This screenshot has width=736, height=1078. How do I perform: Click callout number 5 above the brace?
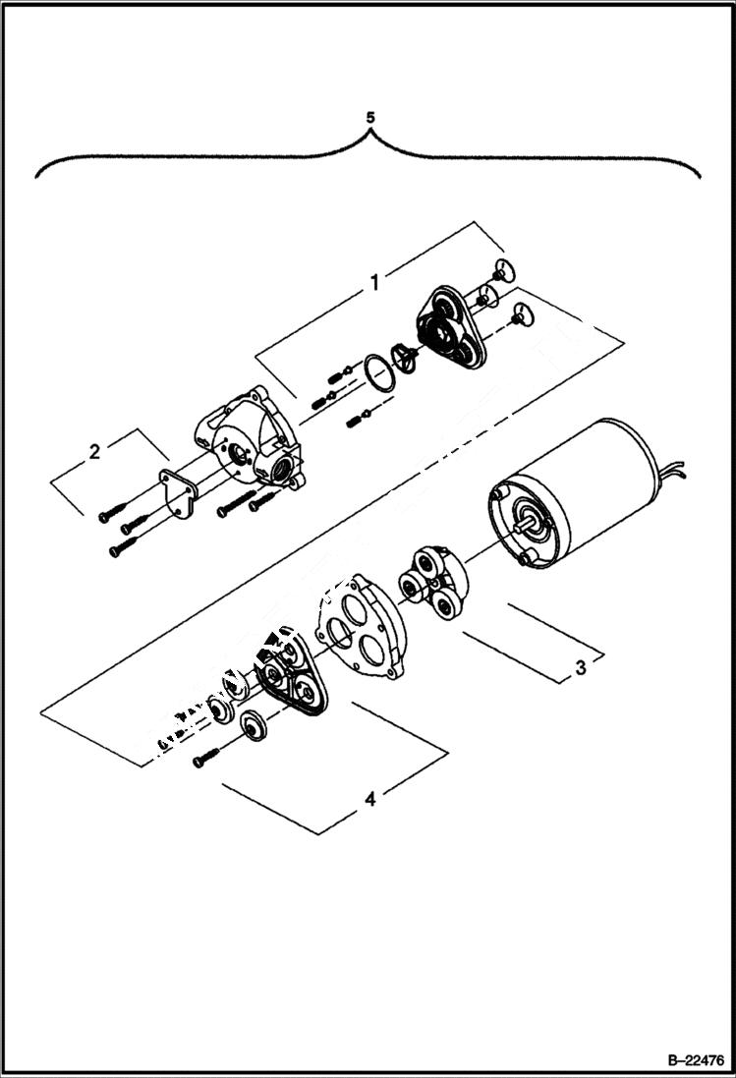369,117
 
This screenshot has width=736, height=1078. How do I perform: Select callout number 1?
374,283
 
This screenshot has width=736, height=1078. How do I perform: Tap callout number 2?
94,452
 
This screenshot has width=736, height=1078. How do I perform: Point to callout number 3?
581,667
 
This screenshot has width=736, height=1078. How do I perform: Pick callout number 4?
369,799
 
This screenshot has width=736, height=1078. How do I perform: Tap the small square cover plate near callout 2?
176,496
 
